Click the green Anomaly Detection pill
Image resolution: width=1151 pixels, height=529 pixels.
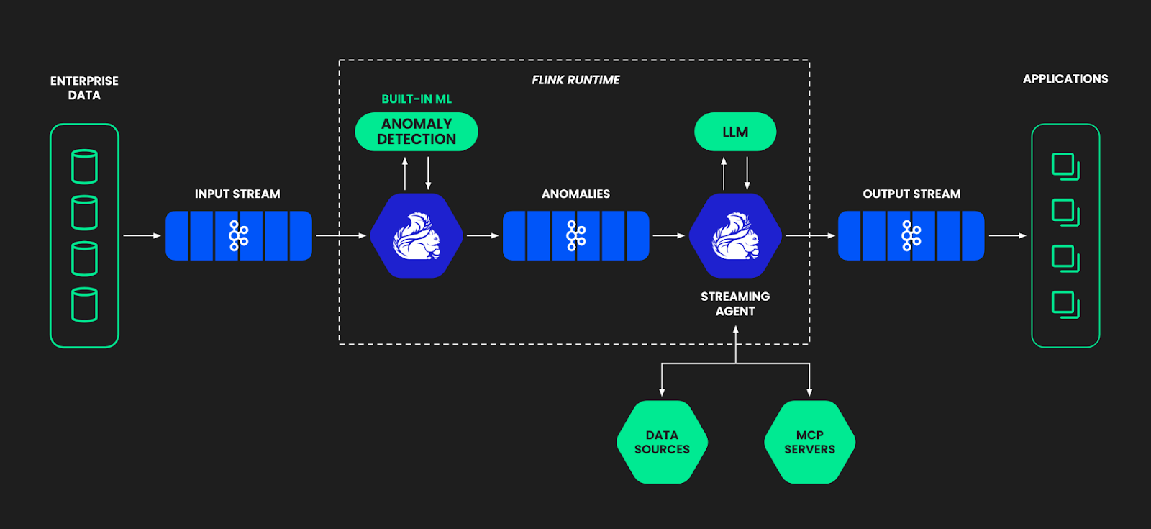click(x=417, y=132)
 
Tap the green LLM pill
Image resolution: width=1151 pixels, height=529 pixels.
click(x=735, y=132)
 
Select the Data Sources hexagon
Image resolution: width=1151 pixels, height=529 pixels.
click(x=662, y=442)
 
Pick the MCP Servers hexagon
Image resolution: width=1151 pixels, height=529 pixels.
click(x=809, y=442)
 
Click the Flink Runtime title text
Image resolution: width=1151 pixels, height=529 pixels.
click(x=575, y=80)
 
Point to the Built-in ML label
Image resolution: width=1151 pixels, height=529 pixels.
click(x=417, y=99)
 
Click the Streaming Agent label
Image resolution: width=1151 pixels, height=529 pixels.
click(x=735, y=304)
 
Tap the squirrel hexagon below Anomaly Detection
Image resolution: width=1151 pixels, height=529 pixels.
click(x=417, y=235)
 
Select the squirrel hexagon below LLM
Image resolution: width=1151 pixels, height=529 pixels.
click(x=735, y=235)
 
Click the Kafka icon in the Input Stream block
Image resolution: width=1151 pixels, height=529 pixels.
click(x=238, y=235)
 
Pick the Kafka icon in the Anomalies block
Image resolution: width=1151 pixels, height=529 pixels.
click(x=575, y=235)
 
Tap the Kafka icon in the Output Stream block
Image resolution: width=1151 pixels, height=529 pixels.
click(x=911, y=235)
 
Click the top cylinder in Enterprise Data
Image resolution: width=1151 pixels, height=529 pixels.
click(x=84, y=166)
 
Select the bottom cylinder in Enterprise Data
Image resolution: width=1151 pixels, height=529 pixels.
click(x=84, y=304)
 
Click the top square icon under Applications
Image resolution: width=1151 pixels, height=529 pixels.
click(x=1065, y=166)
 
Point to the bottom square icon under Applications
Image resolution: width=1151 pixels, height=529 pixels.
click(x=1065, y=304)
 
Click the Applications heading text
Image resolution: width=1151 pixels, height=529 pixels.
click(x=1065, y=79)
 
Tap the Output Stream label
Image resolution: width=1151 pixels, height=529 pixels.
click(x=911, y=194)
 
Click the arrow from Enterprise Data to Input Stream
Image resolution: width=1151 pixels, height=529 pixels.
click(x=142, y=235)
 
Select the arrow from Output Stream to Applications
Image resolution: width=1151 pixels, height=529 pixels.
click(x=1007, y=235)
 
